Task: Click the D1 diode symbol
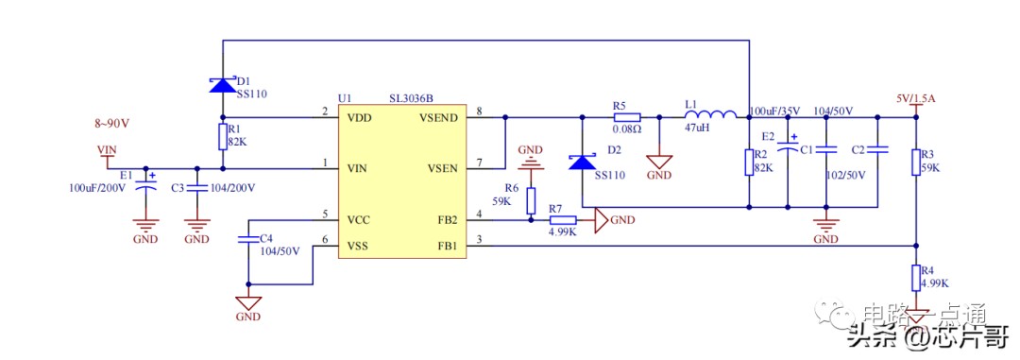(223, 85)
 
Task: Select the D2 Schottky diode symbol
(582, 162)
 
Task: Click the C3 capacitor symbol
(196, 187)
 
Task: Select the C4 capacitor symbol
(247, 239)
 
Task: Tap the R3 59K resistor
(915, 163)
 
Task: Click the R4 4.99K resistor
(915, 278)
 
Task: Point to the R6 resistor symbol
(531, 201)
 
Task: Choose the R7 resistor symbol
(563, 221)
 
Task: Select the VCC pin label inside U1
(359, 219)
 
